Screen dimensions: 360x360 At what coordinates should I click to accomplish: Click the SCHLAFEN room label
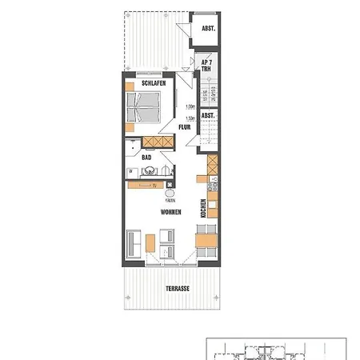pyautogui.click(x=153, y=83)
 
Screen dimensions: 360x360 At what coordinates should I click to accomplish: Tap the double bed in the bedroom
pyautogui.click(x=146, y=108)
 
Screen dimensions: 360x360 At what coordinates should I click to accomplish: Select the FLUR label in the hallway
pyautogui.click(x=183, y=126)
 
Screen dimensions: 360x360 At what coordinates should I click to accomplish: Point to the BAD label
pyautogui.click(x=146, y=158)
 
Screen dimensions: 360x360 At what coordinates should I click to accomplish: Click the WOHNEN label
pyautogui.click(x=170, y=212)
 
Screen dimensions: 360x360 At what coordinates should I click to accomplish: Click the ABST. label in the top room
pyautogui.click(x=208, y=29)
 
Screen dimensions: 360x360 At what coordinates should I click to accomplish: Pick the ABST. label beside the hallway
pyautogui.click(x=208, y=116)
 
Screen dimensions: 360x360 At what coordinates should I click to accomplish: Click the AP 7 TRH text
pyautogui.click(x=206, y=65)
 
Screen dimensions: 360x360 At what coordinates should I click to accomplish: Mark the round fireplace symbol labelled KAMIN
pyautogui.click(x=170, y=193)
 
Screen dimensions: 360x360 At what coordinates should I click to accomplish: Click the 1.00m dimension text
pyautogui.click(x=190, y=107)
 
